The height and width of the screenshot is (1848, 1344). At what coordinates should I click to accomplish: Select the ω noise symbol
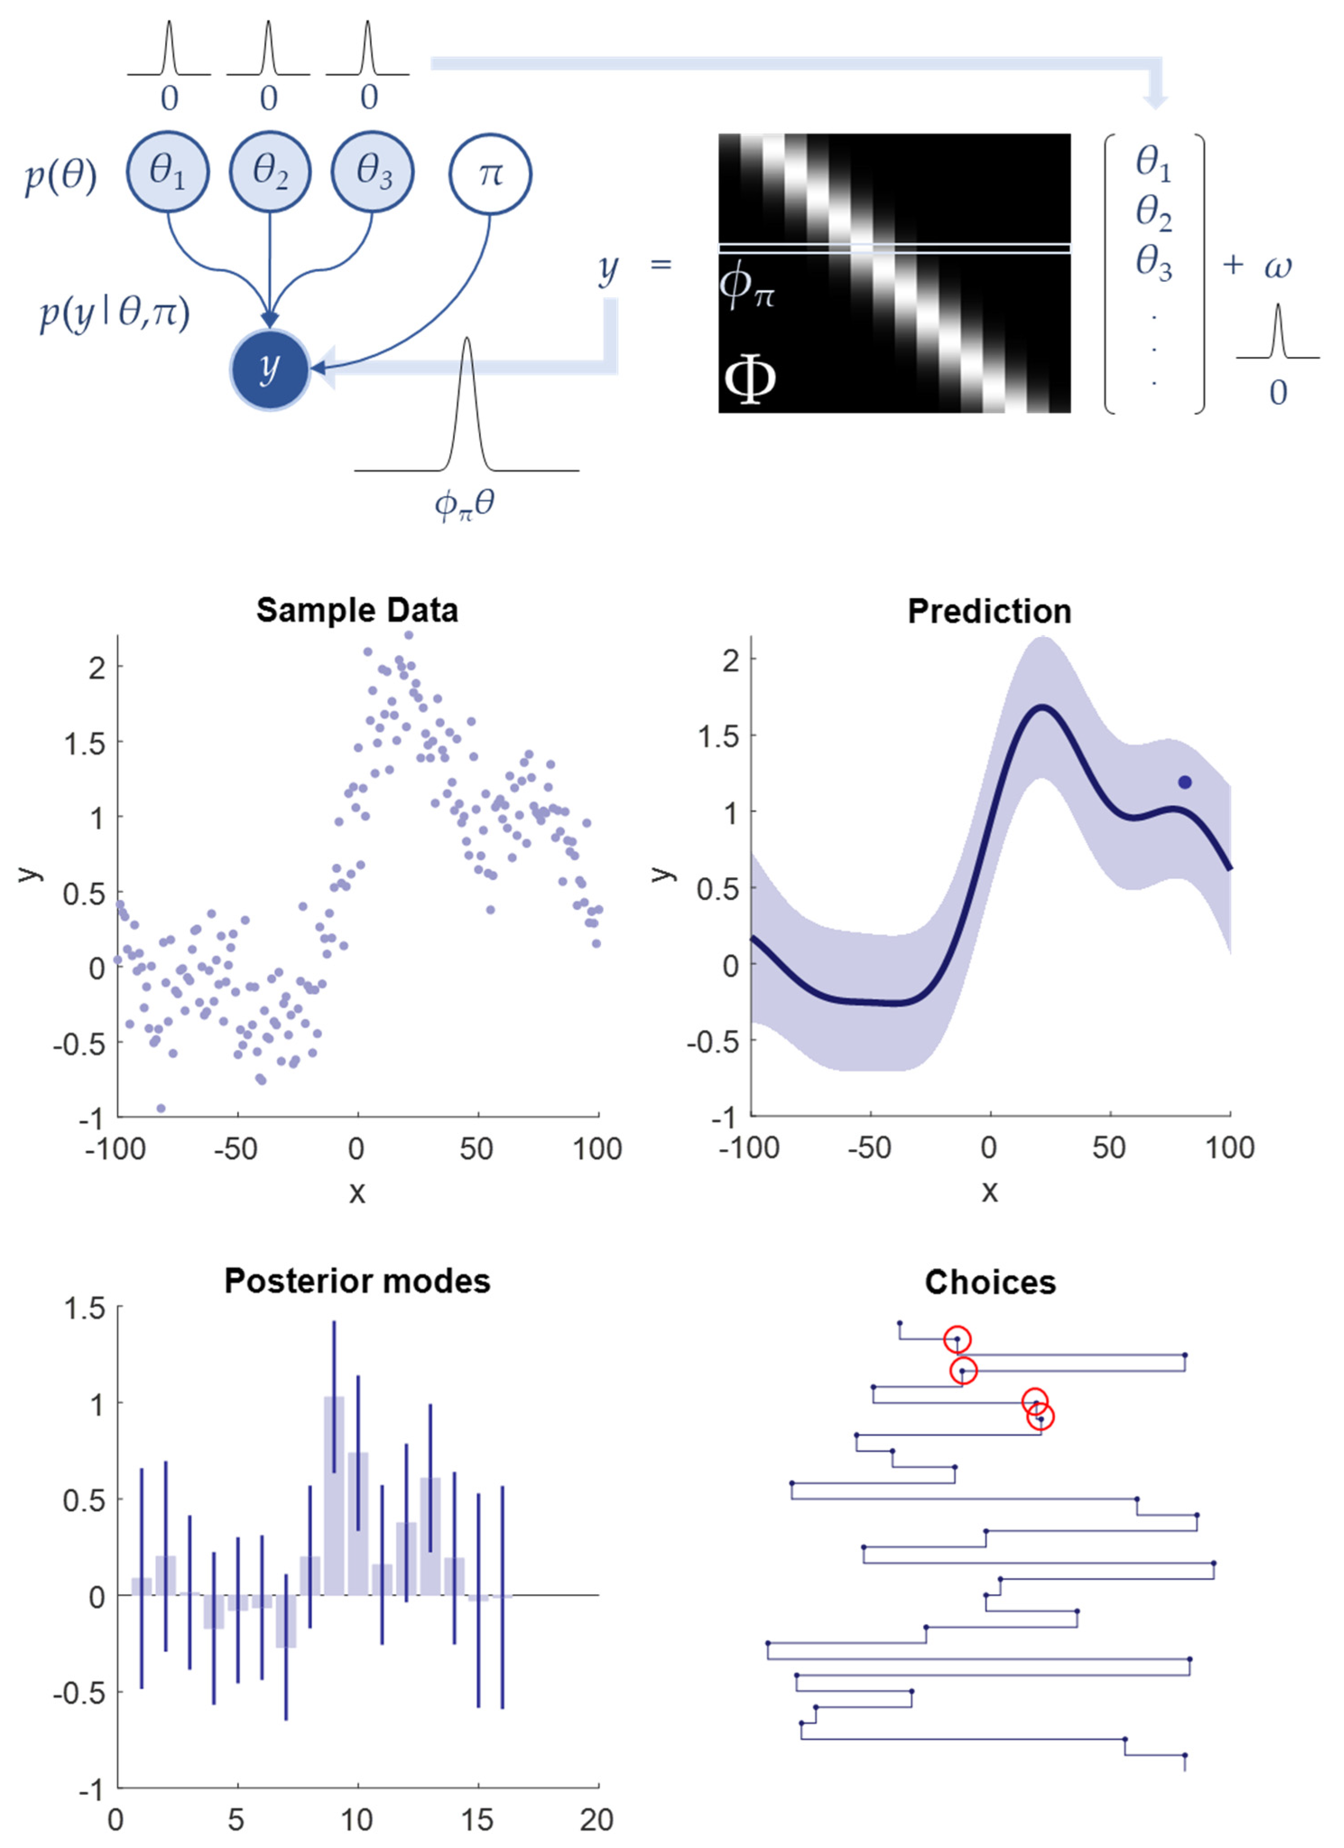tap(1277, 267)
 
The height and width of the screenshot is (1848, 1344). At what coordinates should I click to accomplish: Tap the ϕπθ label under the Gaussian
tap(465, 505)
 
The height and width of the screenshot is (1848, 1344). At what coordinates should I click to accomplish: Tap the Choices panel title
tap(989, 1282)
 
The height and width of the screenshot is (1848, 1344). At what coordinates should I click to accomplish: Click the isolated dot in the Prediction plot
tap(1184, 782)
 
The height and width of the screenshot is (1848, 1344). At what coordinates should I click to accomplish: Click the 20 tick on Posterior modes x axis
tap(596, 1820)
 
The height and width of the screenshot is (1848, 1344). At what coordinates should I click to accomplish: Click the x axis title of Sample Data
tap(357, 1192)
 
